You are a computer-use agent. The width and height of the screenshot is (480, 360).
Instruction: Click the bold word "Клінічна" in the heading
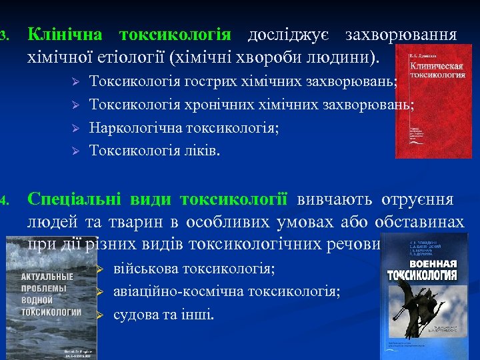click(x=65, y=35)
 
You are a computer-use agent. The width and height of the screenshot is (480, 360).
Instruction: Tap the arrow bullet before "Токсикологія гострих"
click(x=75, y=81)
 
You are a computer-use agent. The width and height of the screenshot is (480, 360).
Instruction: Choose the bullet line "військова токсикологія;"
click(x=194, y=269)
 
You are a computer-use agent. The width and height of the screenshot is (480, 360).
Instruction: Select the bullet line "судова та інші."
click(x=164, y=314)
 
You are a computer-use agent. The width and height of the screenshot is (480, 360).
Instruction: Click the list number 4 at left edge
click(x=3, y=200)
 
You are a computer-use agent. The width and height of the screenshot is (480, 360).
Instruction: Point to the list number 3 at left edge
click(x=3, y=35)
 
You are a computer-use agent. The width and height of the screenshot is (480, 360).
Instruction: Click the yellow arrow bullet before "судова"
click(x=100, y=315)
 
